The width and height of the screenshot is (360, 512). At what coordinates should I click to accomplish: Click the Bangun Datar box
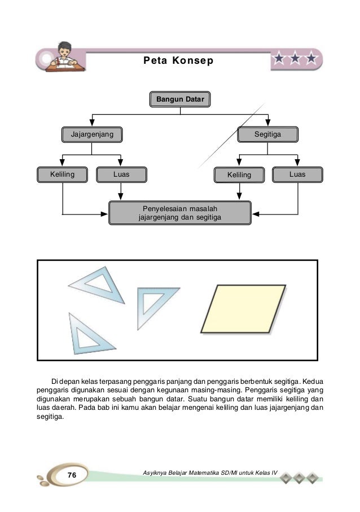[180, 100]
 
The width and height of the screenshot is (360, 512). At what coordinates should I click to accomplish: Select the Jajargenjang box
[91, 134]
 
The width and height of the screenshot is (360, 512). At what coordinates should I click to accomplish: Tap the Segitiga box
[267, 134]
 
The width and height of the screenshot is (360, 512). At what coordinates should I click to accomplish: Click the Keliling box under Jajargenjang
[62, 174]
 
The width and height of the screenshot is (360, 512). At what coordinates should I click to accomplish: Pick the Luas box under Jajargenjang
[121, 174]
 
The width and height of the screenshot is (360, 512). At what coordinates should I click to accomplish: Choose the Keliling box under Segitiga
[239, 175]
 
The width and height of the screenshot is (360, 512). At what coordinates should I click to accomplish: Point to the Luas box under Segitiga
[297, 174]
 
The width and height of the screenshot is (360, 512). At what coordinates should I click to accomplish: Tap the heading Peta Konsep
[178, 60]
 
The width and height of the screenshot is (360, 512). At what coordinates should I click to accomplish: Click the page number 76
[72, 476]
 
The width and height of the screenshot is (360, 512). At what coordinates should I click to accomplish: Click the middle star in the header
[295, 58]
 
